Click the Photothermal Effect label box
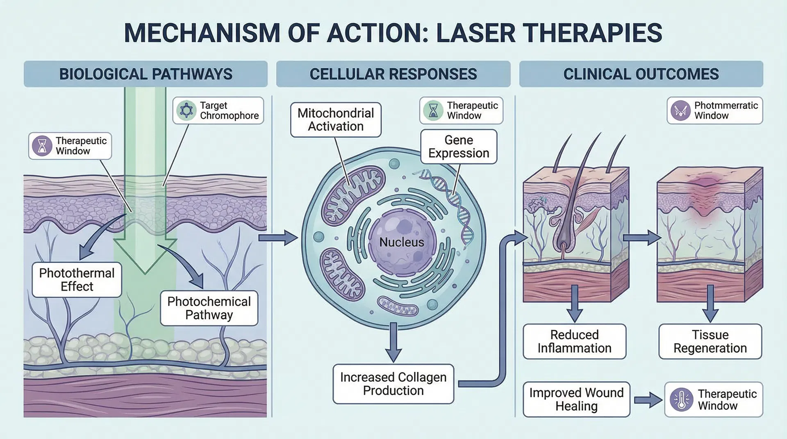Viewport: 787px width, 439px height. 77,280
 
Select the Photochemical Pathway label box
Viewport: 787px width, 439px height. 209,308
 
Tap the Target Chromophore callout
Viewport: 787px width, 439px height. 218,111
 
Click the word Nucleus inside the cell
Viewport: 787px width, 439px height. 402,242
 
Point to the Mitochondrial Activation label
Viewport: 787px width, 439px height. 336,120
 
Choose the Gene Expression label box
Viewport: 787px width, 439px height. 459,147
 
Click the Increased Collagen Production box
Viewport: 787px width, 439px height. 393,384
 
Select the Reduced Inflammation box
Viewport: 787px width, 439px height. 574,342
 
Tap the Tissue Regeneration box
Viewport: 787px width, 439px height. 710,342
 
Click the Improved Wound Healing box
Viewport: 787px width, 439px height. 576,399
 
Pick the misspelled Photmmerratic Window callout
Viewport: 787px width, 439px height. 714,111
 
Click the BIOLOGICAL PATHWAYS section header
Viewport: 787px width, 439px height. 146,74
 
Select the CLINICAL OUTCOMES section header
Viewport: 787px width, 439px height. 641,74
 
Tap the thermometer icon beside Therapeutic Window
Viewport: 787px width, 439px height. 681,400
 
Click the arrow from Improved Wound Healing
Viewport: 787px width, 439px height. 648,400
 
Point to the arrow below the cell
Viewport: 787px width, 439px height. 393,342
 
